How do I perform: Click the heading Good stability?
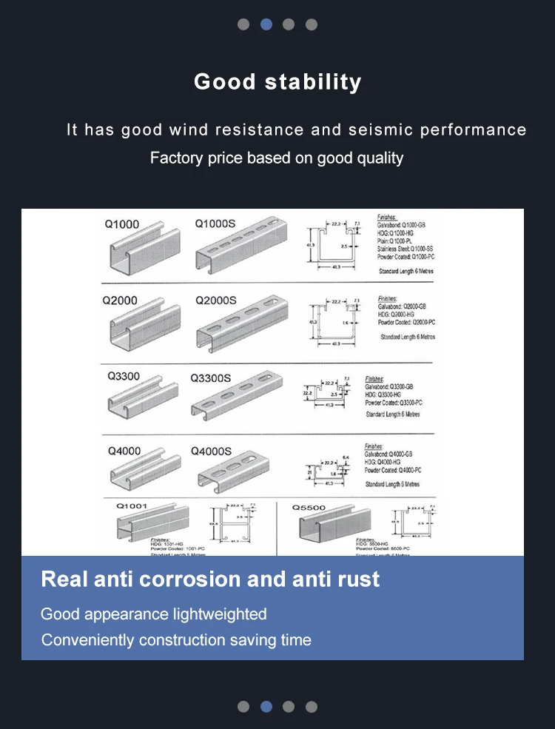277,81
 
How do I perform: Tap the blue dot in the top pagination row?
266,24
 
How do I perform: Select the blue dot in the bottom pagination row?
266,706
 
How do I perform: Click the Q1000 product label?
122,224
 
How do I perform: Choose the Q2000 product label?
120,300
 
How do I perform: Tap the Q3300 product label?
124,376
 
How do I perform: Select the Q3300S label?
211,377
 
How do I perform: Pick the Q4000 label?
124,451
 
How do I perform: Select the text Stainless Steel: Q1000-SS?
405,249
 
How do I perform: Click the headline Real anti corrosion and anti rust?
210,579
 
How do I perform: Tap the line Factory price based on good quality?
277,158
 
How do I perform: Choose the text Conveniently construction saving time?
176,640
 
